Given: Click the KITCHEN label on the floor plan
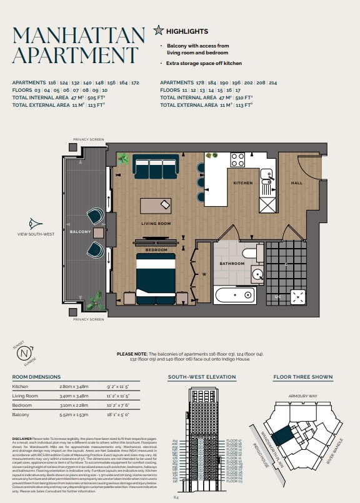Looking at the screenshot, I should [242, 183].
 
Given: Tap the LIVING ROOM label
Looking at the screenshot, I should [156, 223].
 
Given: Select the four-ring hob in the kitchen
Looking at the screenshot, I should [238, 159].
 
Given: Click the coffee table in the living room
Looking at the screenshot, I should [156, 205].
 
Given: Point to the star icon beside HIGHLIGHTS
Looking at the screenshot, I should [159, 29].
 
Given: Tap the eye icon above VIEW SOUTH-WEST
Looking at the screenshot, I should [36, 224].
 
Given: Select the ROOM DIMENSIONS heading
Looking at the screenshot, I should [37, 377].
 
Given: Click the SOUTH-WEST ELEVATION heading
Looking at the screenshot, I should [202, 377].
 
